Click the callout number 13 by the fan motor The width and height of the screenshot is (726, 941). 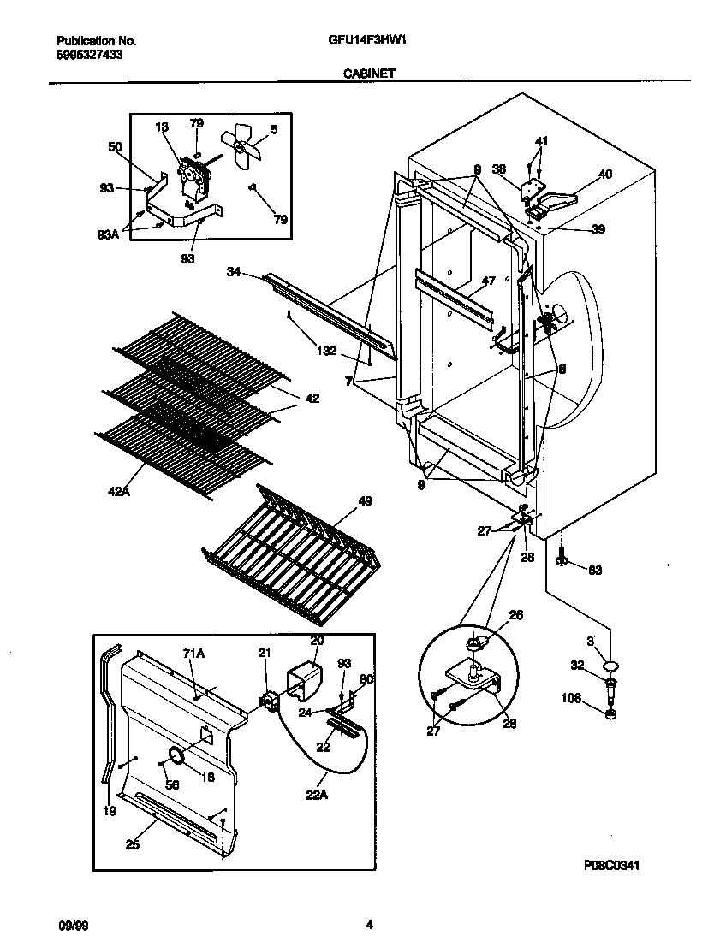[161, 127]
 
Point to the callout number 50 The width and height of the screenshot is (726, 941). [115, 147]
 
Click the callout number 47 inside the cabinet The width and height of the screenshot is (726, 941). [488, 281]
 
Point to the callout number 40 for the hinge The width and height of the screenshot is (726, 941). [604, 175]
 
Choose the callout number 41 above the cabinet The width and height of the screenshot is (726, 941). [541, 141]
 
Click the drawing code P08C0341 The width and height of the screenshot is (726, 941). [612, 865]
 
